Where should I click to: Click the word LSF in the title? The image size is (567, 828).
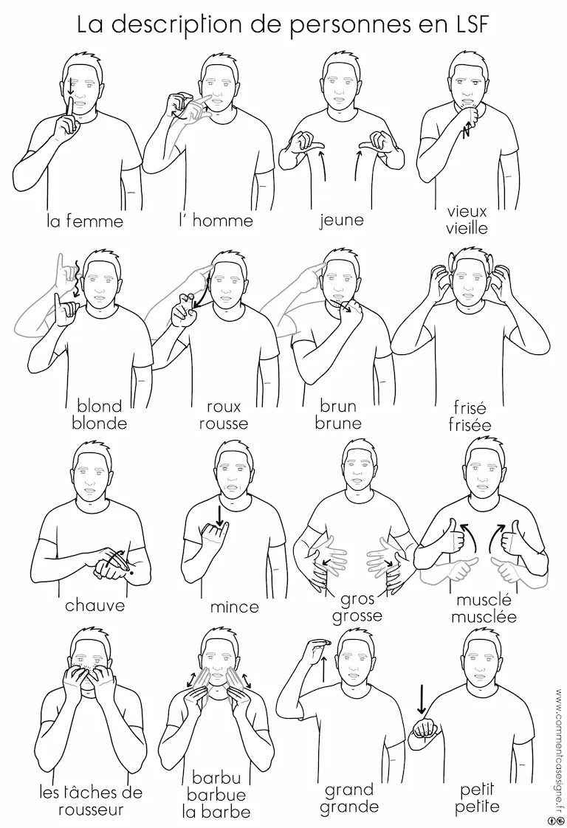465,24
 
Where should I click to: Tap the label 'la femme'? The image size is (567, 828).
85,220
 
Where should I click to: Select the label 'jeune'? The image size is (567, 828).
342,220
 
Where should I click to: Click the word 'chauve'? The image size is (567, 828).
95,604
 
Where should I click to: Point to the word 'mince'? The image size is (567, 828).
235,607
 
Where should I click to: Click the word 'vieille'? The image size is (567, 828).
467,228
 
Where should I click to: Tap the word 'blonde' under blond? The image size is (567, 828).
100,423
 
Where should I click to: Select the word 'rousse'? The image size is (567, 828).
224,424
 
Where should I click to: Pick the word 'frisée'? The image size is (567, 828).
470,424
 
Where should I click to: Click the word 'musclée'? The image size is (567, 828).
484,616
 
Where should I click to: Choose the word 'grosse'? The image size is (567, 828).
357,616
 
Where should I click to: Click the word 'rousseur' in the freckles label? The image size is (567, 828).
91,810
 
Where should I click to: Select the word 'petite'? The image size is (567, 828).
477,807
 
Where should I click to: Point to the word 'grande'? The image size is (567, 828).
348,807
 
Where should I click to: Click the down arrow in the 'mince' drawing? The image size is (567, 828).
219,514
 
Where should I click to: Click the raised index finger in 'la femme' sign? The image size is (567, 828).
69,109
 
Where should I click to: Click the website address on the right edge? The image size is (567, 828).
559,751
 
